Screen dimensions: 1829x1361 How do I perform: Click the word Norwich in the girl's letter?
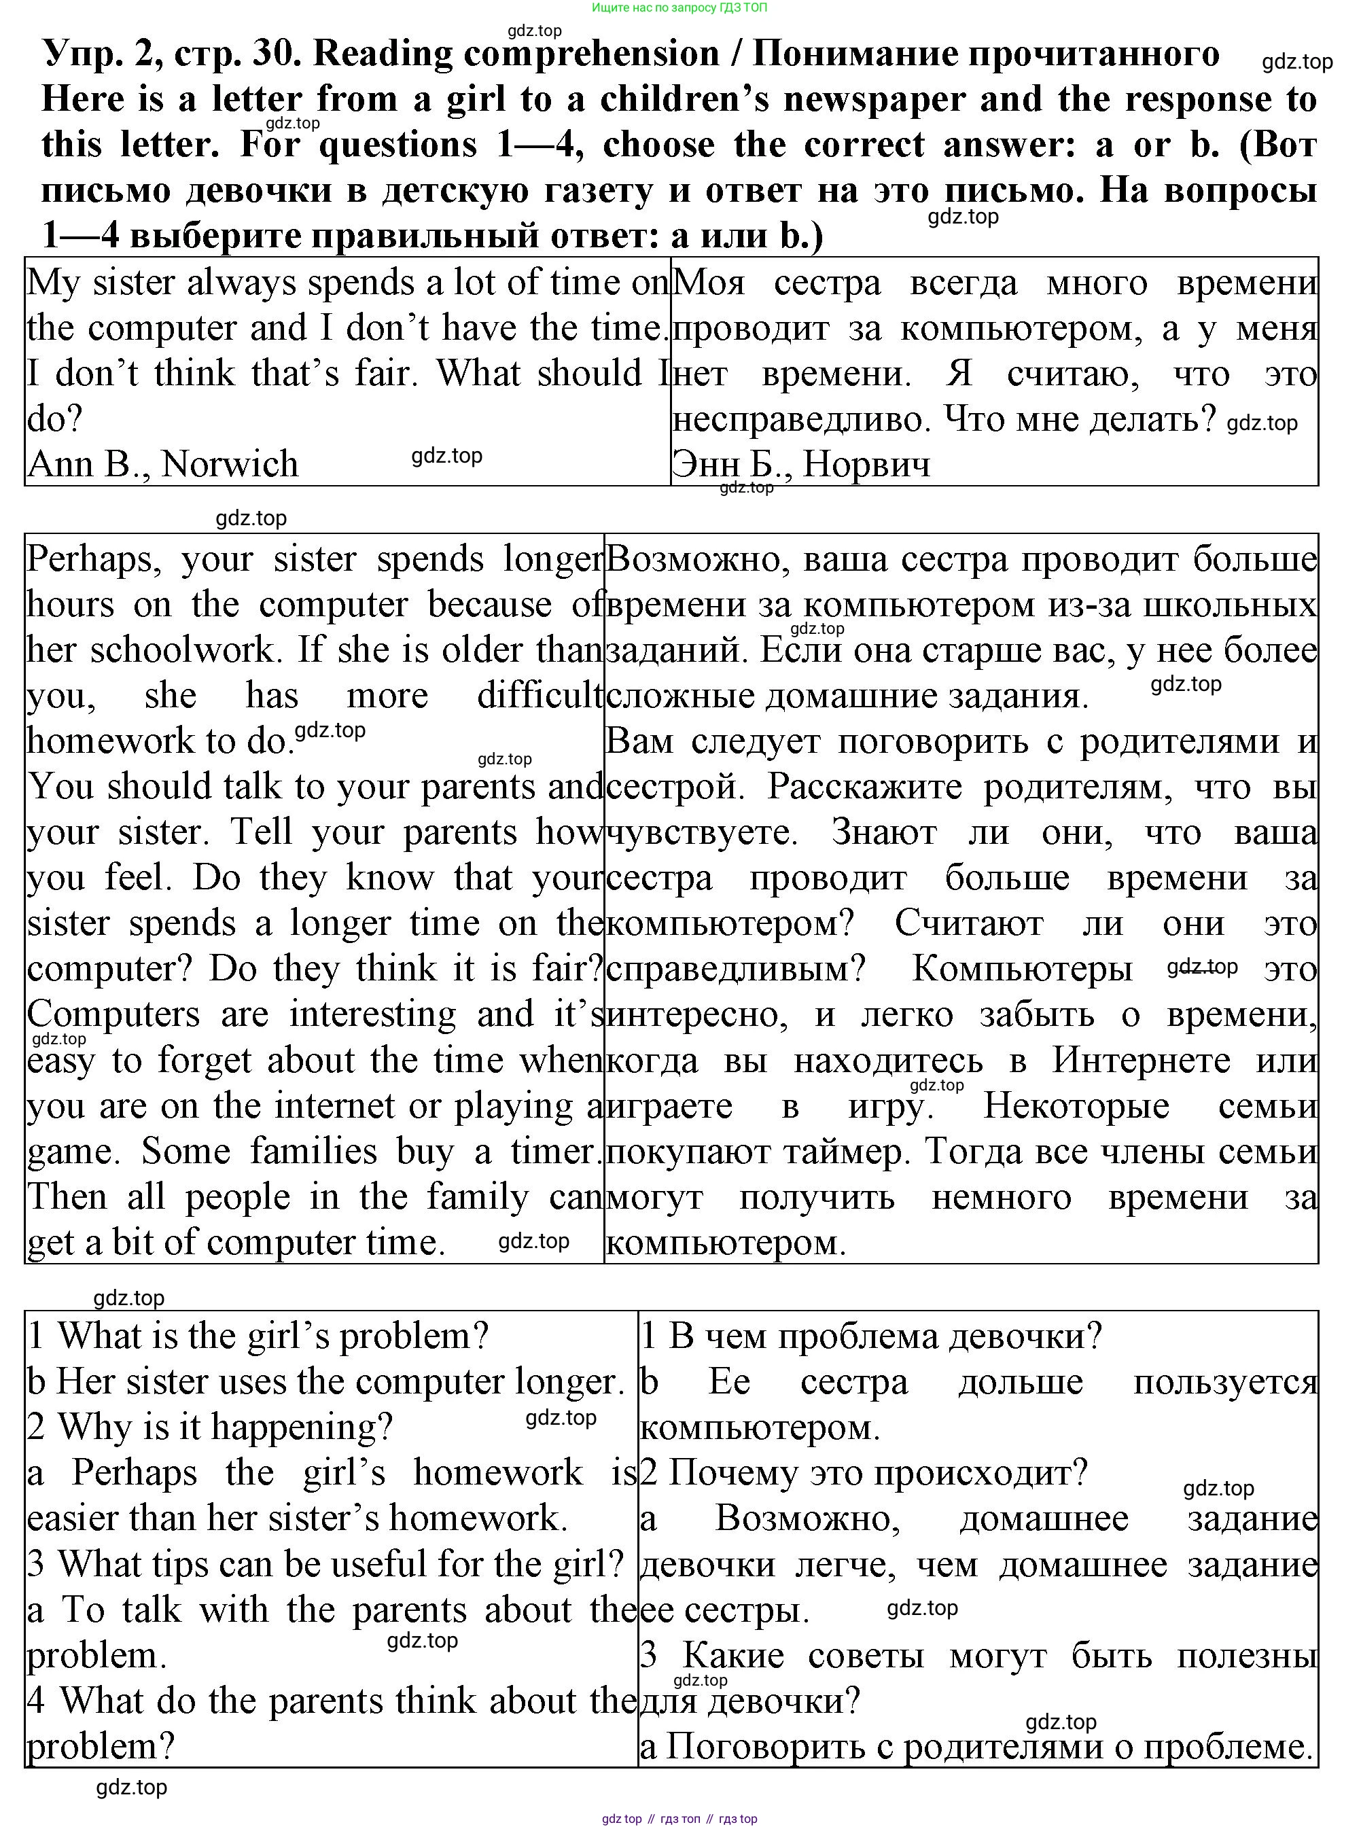click(x=230, y=464)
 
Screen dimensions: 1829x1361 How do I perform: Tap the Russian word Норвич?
click(x=867, y=464)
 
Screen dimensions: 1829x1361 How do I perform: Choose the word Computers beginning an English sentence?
click(x=113, y=1014)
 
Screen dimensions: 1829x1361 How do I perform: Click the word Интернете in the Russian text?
click(x=1141, y=1061)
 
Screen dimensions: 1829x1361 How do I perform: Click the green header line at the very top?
click(x=679, y=7)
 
